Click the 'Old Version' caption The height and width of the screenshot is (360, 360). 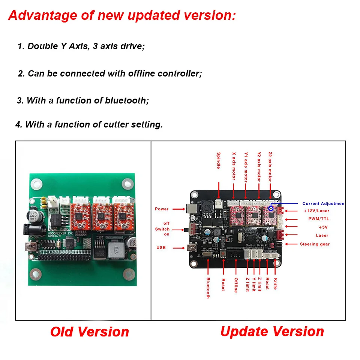pyautogui.click(x=90, y=332)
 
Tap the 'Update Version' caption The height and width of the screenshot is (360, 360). pyautogui.click(x=272, y=331)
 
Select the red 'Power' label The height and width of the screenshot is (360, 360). pyautogui.click(x=162, y=209)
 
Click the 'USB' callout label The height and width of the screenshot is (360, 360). pyautogui.click(x=161, y=247)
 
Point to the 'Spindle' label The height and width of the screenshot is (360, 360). pyautogui.click(x=219, y=160)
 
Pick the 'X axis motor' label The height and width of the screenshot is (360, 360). pyautogui.click(x=234, y=166)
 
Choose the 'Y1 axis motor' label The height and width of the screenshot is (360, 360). pyautogui.click(x=246, y=167)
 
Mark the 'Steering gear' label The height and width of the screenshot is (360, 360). pyautogui.click(x=315, y=244)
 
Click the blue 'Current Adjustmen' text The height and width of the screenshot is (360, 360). pyautogui.click(x=323, y=204)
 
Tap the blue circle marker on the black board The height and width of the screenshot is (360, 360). pyautogui.click(x=270, y=208)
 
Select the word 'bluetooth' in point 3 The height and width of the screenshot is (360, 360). pyautogui.click(x=125, y=100)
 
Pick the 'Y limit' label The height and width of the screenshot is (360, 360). pyautogui.click(x=254, y=284)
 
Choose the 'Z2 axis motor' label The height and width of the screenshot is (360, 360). pyautogui.click(x=270, y=167)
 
